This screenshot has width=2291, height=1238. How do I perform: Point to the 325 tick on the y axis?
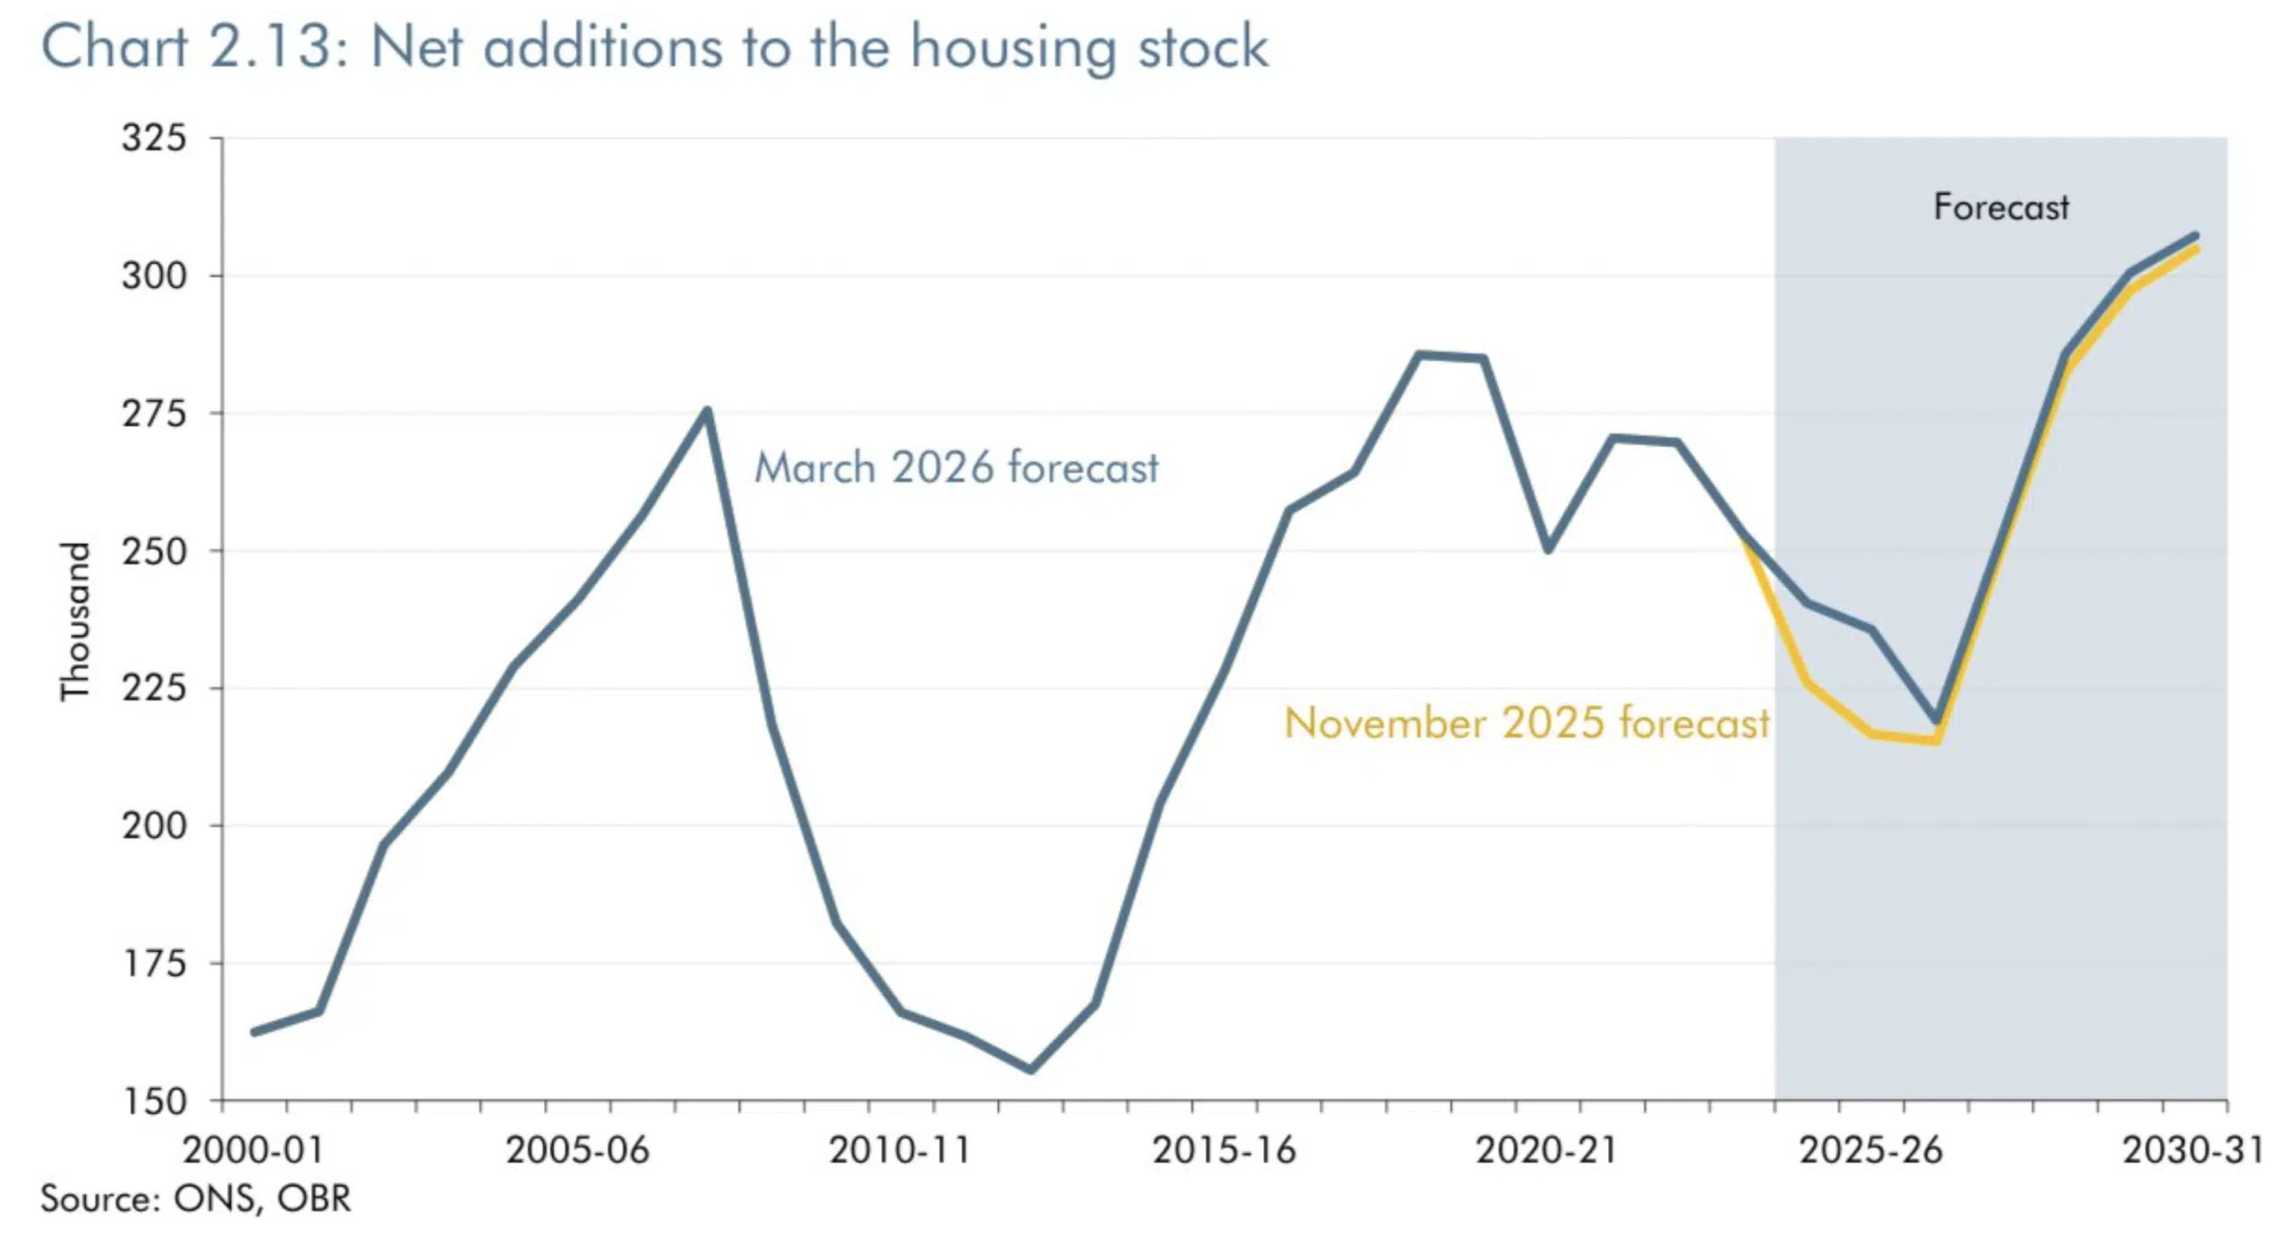(154, 139)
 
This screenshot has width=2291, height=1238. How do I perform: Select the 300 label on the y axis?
(154, 276)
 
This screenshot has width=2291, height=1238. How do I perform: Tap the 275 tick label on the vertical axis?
(154, 414)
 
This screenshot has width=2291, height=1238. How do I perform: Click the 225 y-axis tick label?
(154, 688)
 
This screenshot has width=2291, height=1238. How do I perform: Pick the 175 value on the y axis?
(154, 963)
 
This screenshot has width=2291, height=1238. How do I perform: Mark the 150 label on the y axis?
(154, 1101)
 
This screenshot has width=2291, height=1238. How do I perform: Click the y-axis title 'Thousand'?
(76, 621)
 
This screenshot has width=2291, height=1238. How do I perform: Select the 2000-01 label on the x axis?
(252, 1150)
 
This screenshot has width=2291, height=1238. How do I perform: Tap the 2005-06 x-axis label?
(577, 1150)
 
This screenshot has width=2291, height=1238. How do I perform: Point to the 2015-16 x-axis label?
(1224, 1150)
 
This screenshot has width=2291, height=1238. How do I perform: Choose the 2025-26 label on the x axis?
(1871, 1150)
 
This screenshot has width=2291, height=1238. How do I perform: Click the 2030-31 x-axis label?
(2193, 1150)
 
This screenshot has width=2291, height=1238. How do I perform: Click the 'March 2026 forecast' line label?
(956, 468)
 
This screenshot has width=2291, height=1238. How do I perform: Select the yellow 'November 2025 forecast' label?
(1527, 723)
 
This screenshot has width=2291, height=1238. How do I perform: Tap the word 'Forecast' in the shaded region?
(2001, 208)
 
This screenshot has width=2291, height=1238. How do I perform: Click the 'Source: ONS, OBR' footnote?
(195, 1199)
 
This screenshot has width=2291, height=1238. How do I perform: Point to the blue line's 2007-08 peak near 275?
(707, 411)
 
